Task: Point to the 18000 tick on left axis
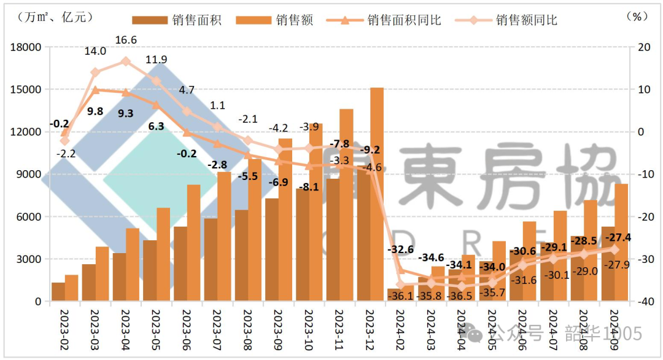point(25,47)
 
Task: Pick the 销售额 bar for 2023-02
point(72,288)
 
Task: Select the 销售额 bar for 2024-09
point(621,243)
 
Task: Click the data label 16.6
point(125,41)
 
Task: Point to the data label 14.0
point(95,52)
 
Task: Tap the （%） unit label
point(638,17)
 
